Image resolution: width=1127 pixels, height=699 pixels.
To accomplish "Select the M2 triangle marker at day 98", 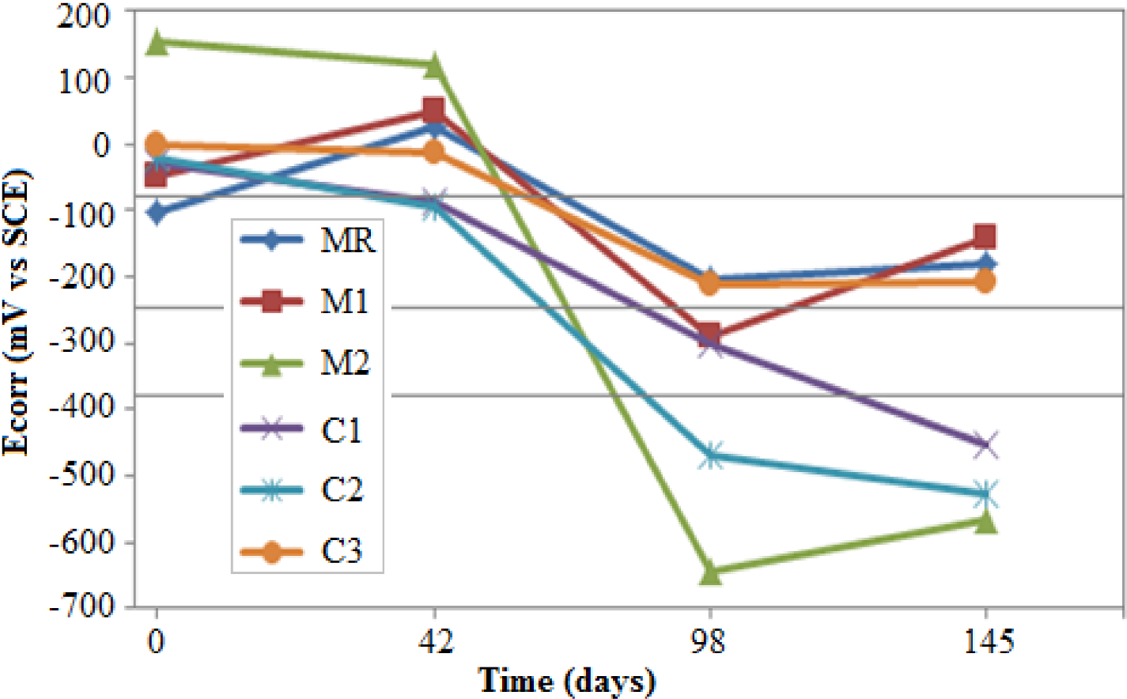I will point(710,572).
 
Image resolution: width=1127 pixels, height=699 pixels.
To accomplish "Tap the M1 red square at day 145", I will point(985,236).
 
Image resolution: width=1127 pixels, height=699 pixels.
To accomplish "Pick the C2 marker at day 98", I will point(710,455).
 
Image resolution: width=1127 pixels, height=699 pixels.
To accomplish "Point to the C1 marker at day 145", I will point(985,444).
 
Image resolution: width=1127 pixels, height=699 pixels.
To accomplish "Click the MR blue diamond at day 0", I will point(157,212).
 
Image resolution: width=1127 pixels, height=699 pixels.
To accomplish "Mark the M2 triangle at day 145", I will point(985,520).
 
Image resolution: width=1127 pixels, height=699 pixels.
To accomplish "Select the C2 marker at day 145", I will point(985,495).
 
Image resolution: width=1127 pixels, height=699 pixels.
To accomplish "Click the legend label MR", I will point(347,240).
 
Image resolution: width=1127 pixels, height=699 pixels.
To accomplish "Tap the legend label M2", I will point(345,363).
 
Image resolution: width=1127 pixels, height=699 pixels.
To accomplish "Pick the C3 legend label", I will point(342,551).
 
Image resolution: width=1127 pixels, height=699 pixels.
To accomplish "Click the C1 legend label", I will point(342,429).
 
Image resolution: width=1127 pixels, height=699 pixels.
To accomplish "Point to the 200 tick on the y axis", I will point(84,16).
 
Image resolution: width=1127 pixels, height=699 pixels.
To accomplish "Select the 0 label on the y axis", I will point(101,145).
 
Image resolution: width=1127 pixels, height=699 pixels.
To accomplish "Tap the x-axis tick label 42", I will point(434,641).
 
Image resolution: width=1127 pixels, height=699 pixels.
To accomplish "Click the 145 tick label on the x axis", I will point(988,641).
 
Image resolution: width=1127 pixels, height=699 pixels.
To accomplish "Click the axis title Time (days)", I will point(567,681).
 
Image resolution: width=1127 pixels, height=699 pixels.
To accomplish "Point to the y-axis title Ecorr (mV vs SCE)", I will point(17,312).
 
